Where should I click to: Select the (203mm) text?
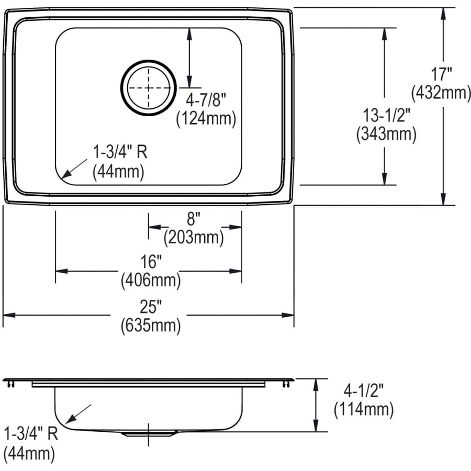click(193, 238)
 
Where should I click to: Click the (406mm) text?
click(151, 280)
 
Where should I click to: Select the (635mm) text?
click(151, 326)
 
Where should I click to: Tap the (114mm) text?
click(363, 409)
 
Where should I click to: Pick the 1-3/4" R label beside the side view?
click(30, 434)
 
